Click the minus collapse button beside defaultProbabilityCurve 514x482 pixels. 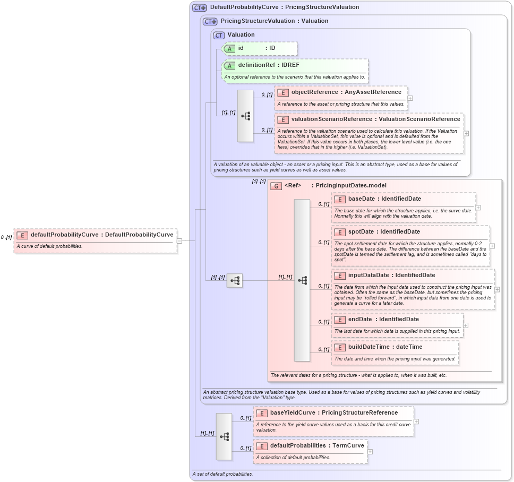point(179,240)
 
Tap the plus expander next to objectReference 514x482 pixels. point(410,98)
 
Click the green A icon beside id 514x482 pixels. point(229,48)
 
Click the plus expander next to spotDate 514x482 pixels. point(492,246)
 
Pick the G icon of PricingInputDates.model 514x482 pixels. point(276,186)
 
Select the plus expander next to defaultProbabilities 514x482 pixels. point(370,452)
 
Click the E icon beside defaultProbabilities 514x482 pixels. point(261,446)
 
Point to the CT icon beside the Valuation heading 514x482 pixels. point(219,35)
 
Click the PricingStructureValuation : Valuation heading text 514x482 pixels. point(274,21)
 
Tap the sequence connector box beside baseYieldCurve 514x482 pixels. point(224,436)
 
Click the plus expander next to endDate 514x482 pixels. point(466,325)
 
